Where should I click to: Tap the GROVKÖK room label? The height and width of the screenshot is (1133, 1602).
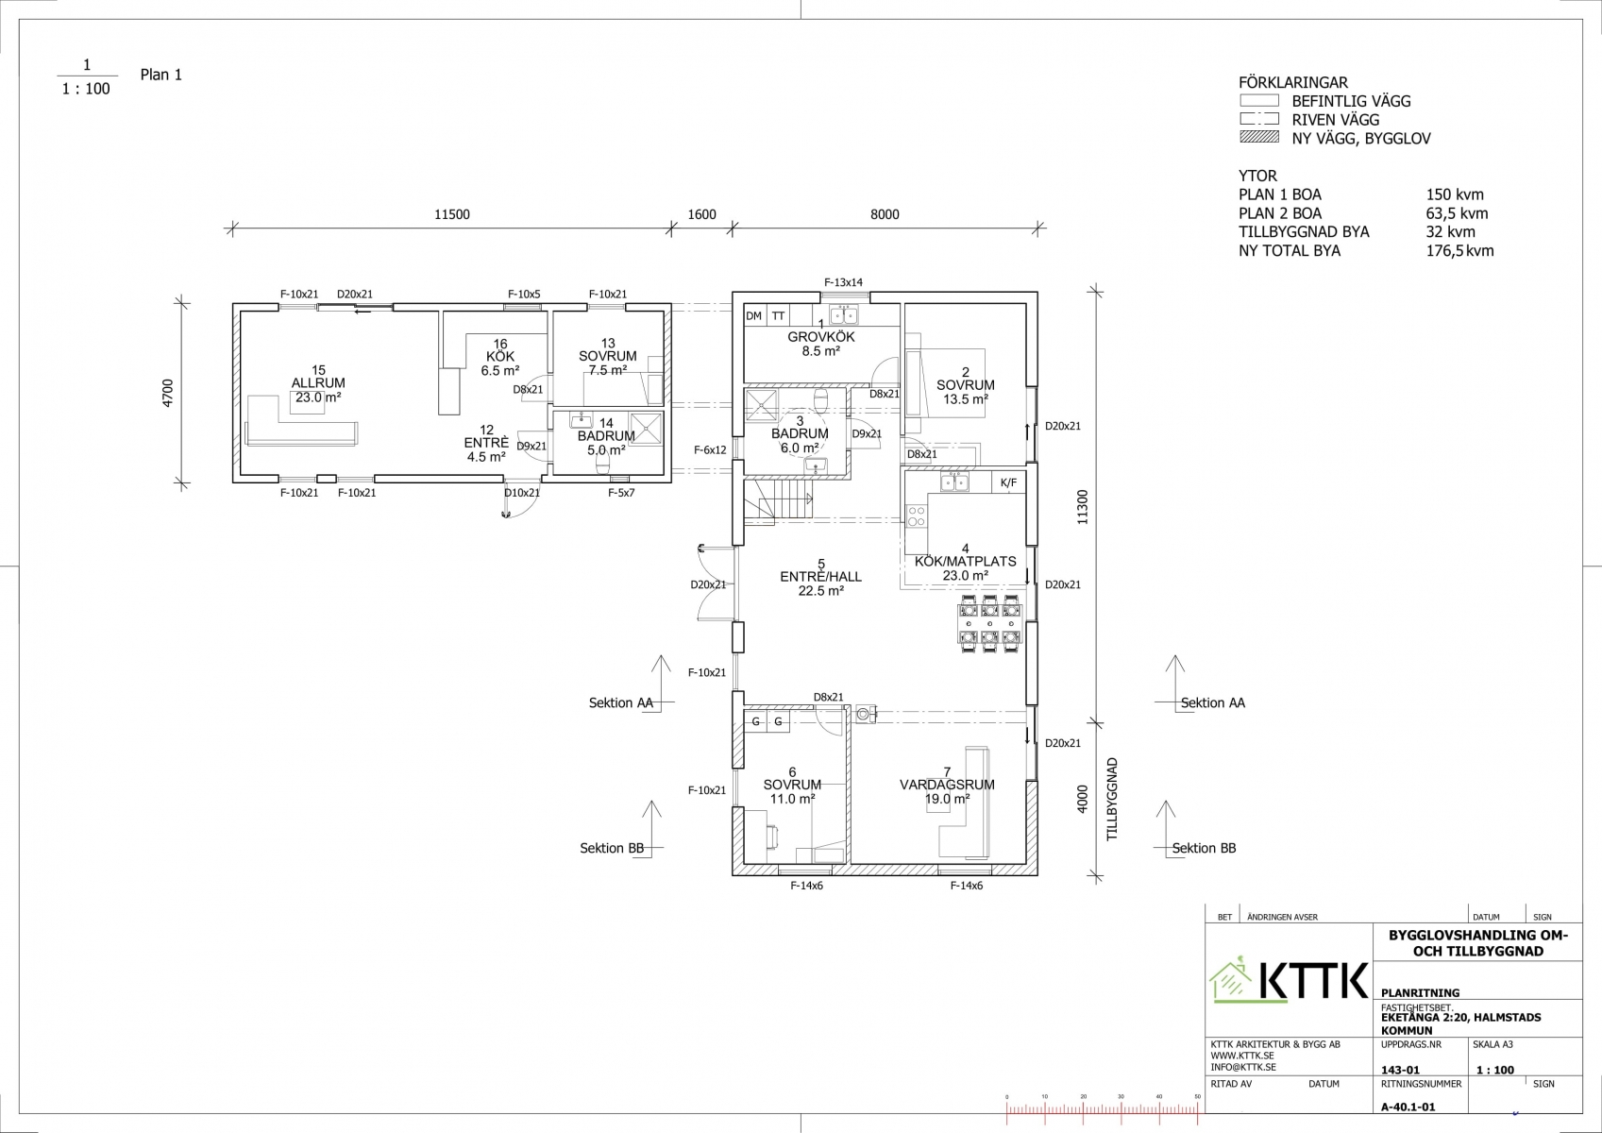point(821,337)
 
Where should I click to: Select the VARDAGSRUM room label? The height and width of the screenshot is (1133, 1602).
point(947,785)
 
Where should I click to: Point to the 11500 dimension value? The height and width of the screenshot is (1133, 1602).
point(452,214)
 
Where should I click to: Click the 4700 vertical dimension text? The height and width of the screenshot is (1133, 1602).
point(168,394)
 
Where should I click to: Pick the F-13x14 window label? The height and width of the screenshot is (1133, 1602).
point(843,282)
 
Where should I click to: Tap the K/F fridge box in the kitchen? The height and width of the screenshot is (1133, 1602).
point(1008,482)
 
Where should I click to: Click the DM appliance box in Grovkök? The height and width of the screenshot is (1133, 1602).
point(753,316)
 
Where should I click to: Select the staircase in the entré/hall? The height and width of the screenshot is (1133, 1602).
point(778,500)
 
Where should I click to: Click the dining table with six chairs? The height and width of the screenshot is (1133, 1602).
point(989,623)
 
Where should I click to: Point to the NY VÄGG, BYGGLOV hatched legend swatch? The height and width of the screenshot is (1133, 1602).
point(1258,137)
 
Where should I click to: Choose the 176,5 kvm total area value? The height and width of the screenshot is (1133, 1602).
point(1459,251)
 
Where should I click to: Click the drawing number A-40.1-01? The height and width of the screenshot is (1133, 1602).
point(1408,1108)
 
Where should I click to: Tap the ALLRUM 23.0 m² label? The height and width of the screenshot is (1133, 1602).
point(318,390)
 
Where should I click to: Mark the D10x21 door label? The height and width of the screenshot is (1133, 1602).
point(522,493)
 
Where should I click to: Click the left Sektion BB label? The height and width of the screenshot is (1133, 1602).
point(612,848)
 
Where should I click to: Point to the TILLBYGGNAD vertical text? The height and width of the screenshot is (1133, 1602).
point(1112,799)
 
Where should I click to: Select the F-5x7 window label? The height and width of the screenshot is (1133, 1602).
point(621,493)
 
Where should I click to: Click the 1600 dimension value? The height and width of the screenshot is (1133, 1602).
point(701,214)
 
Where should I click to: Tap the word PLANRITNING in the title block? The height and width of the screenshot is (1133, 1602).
point(1421,993)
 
